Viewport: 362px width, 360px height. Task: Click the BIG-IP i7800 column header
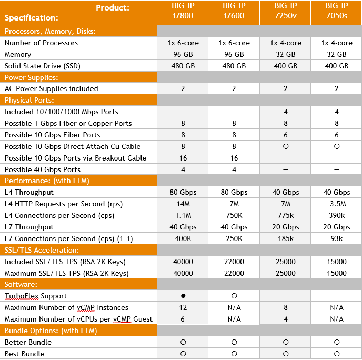click(x=183, y=11)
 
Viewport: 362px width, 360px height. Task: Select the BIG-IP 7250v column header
click(x=286, y=11)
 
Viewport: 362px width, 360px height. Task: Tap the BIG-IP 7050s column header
click(x=337, y=11)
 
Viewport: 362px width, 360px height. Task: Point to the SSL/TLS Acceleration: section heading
click(x=42, y=250)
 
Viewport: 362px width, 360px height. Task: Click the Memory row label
click(x=18, y=54)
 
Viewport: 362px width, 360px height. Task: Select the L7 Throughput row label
click(x=29, y=227)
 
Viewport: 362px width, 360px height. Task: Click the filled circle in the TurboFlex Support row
click(x=183, y=296)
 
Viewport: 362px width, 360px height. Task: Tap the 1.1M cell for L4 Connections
click(x=183, y=215)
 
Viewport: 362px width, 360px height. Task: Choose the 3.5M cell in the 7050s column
click(x=337, y=204)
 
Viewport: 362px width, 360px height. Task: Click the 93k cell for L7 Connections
click(x=337, y=238)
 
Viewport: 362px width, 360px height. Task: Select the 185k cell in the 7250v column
click(x=286, y=238)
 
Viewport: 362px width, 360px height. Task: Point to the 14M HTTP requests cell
click(x=183, y=204)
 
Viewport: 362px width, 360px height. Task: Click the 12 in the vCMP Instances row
click(x=183, y=307)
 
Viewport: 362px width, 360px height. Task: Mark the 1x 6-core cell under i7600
click(x=234, y=43)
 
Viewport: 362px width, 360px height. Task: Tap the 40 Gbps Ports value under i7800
click(x=183, y=169)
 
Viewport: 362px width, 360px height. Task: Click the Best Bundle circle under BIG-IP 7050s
click(x=337, y=354)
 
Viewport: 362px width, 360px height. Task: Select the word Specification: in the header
click(x=32, y=17)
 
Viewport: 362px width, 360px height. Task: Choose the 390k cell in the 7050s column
click(x=337, y=215)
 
